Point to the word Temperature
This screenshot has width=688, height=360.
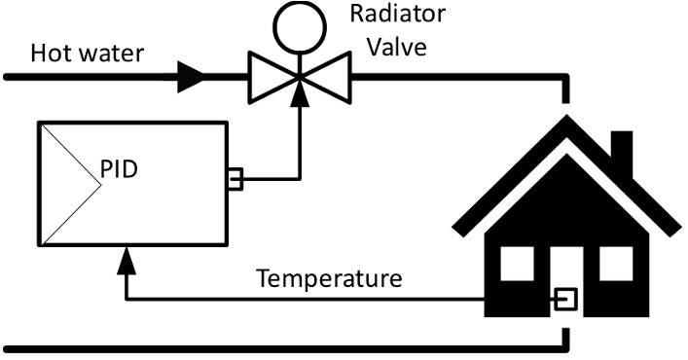(329, 279)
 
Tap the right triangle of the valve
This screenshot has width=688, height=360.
(330, 75)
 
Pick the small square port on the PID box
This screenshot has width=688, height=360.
(234, 178)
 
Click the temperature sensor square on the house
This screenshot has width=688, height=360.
(563, 300)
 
